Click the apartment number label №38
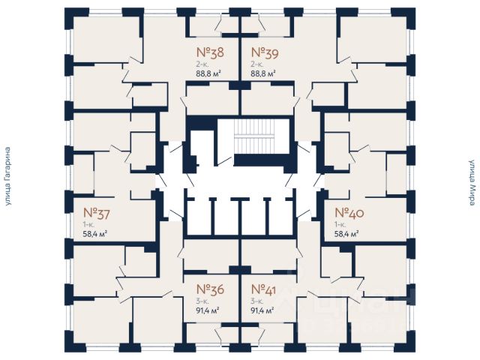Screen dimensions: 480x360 tap(210, 53)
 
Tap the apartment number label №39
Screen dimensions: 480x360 tap(264, 53)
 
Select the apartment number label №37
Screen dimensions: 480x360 tap(97, 212)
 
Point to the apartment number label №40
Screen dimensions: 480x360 tap(349, 212)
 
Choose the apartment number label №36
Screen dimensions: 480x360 tap(210, 289)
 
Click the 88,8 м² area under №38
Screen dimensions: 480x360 tap(209, 74)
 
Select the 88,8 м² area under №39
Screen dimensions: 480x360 tap(263, 74)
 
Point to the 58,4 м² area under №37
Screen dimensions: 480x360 tap(95, 233)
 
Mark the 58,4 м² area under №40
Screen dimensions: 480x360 tap(346, 233)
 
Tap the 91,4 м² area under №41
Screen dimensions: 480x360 tap(262, 310)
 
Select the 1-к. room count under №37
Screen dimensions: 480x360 tap(88, 223)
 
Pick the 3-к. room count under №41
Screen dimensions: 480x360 tap(256, 300)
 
